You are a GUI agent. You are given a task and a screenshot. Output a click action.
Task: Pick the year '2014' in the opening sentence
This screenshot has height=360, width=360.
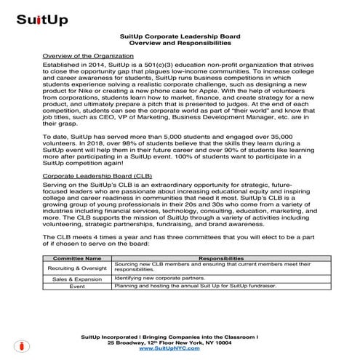point(92,65)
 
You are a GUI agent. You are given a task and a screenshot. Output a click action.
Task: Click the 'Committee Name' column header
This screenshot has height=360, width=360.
point(77,257)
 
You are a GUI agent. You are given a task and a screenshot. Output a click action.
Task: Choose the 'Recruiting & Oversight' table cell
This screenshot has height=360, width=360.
point(77,268)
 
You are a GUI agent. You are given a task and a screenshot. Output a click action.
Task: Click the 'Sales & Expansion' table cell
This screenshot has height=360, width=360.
point(77,279)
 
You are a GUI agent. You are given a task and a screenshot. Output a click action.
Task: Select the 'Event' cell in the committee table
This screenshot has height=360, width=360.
point(77,287)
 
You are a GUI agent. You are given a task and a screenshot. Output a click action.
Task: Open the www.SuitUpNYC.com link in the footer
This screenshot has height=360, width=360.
point(180,349)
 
